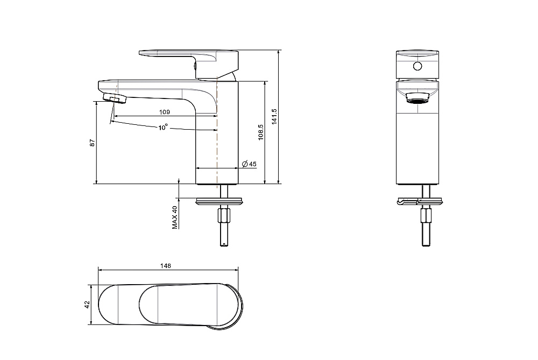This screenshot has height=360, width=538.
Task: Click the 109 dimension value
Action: [x=165, y=112]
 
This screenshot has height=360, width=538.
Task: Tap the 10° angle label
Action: [x=163, y=128]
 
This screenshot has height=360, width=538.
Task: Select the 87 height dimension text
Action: [x=92, y=143]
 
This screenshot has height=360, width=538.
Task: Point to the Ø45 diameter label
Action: [x=249, y=164]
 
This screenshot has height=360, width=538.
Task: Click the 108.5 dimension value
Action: [x=260, y=132]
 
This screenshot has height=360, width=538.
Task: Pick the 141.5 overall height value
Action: [x=274, y=117]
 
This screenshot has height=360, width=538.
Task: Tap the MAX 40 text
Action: [x=175, y=217]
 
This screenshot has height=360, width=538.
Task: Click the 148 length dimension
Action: [x=165, y=266]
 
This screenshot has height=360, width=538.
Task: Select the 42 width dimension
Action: [x=87, y=305]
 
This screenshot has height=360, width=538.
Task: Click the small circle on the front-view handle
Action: [x=417, y=66]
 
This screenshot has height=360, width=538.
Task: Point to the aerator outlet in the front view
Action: [x=417, y=98]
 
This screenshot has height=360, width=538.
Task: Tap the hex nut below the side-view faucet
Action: [x=224, y=215]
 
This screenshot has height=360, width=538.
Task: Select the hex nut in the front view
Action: [x=426, y=215]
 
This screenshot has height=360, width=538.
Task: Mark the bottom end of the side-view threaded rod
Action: [x=224, y=246]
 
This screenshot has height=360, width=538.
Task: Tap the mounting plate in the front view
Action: [x=420, y=201]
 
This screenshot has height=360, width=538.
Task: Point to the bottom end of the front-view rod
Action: [x=426, y=246]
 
